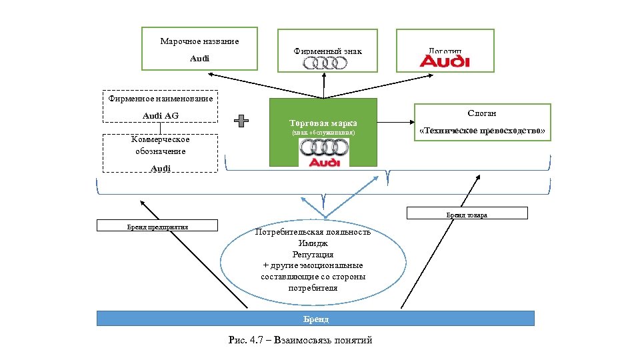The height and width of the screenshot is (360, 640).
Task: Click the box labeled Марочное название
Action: pos(199,48)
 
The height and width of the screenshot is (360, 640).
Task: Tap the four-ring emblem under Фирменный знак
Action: pos(325,63)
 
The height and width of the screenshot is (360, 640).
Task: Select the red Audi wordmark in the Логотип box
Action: pos(445,61)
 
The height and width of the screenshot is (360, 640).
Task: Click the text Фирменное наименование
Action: pos(161,99)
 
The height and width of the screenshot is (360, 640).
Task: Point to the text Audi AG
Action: pos(161,116)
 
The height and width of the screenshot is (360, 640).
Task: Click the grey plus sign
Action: pos(241,121)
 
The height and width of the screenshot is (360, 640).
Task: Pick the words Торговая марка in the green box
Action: pos(323,123)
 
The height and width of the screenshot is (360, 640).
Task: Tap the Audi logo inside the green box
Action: pos(323,153)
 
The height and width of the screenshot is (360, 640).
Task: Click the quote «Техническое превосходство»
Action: pos(482,132)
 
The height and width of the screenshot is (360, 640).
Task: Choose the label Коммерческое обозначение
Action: pos(160,145)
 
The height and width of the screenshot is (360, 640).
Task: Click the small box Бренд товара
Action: pos(467,214)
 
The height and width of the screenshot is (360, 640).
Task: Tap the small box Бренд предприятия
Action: pos(157,226)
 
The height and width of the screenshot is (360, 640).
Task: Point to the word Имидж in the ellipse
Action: pos(313,243)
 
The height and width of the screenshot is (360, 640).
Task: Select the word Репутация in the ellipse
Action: pos(313,255)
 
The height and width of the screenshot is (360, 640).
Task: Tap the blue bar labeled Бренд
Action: pos(315,319)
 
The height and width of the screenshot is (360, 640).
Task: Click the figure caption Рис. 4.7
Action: pos(300,340)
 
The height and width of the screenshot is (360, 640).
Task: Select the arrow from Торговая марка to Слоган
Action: pos(395,123)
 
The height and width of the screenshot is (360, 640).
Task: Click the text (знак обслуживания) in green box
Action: pos(323,133)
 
